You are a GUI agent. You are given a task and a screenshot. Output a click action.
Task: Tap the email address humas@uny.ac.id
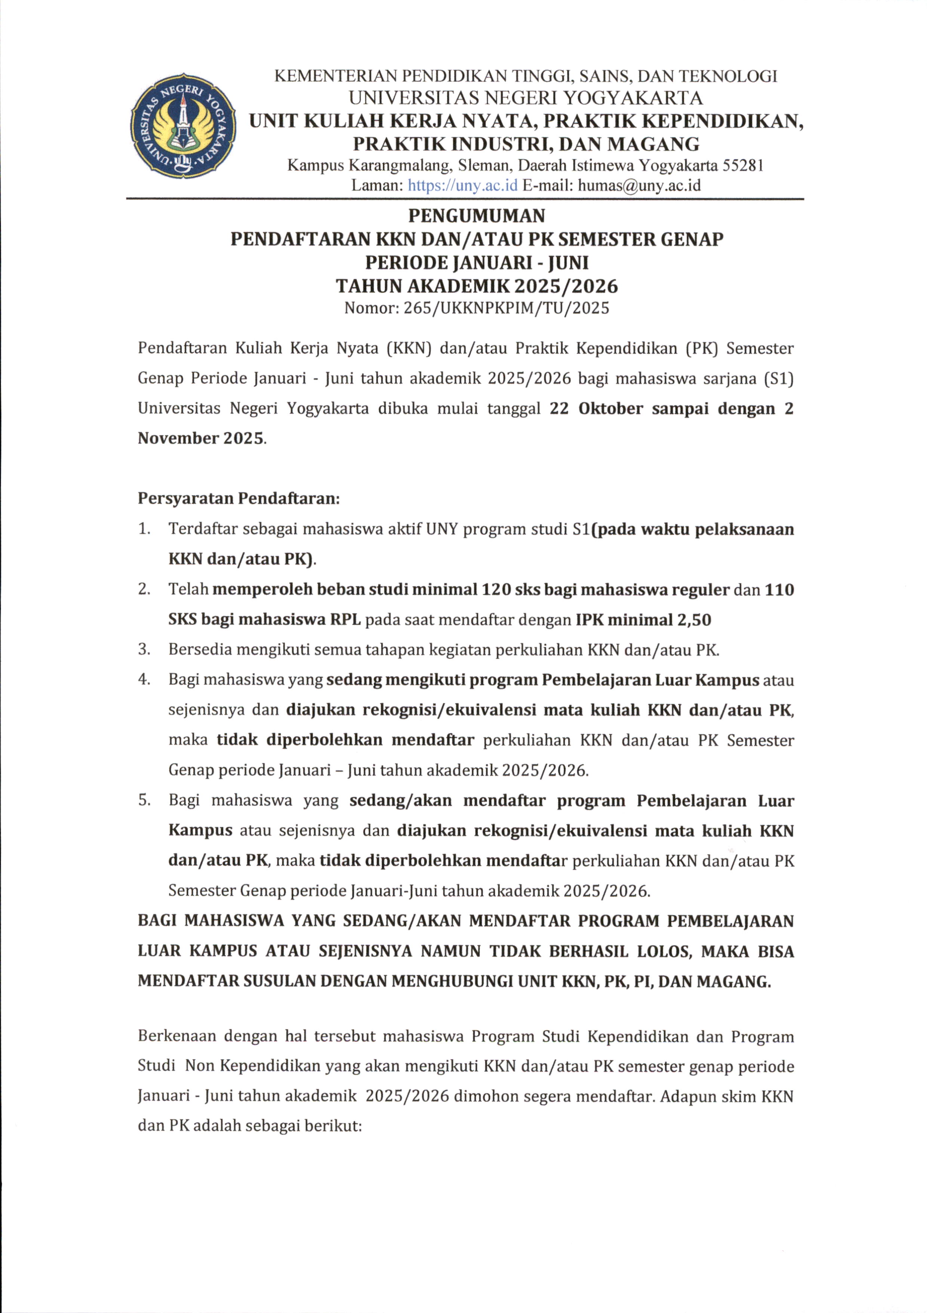click(x=639, y=185)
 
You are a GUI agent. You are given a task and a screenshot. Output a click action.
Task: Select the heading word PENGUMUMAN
click(x=476, y=216)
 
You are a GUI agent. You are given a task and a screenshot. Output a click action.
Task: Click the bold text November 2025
click(x=201, y=439)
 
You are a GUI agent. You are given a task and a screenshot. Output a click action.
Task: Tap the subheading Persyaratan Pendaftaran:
click(x=238, y=499)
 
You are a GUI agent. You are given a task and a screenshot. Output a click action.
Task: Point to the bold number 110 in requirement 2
click(x=779, y=590)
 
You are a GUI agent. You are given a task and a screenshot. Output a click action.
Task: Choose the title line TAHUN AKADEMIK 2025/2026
click(x=476, y=286)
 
